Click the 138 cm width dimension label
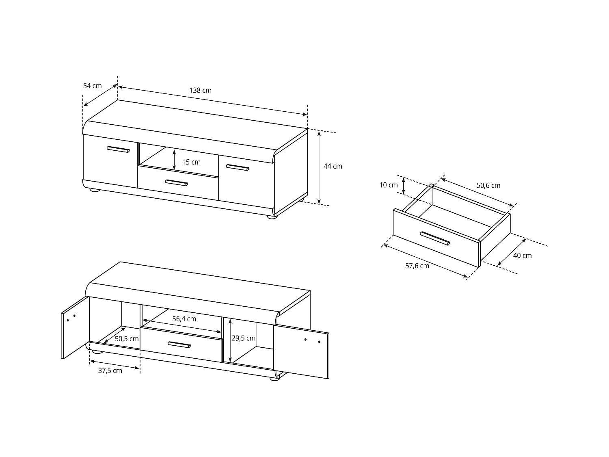click(x=200, y=90)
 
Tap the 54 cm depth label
click(x=92, y=86)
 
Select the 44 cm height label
click(x=333, y=166)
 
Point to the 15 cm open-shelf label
click(x=191, y=162)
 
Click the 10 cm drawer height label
click(x=389, y=185)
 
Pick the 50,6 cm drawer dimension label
click(x=488, y=186)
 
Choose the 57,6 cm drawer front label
click(x=417, y=266)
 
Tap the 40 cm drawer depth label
click(x=522, y=256)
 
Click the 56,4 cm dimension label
click(x=184, y=319)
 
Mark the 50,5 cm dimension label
click(x=126, y=339)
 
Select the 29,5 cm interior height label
click(x=243, y=338)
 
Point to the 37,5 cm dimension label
click(x=110, y=370)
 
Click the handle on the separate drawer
click(x=435, y=238)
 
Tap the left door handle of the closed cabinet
click(x=118, y=149)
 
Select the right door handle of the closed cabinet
click(x=238, y=167)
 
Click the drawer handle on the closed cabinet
click(x=177, y=183)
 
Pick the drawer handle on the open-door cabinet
click(x=179, y=344)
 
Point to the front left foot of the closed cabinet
click(x=94, y=189)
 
